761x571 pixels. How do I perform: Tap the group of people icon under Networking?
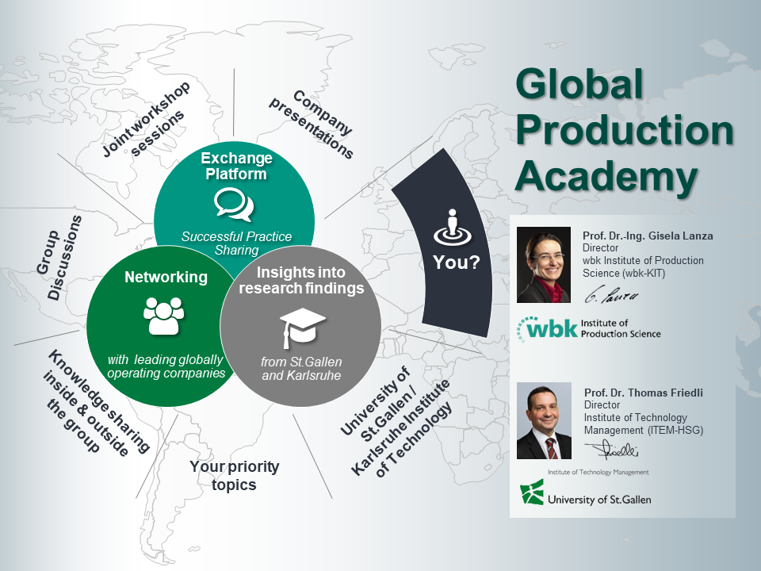click(x=163, y=316)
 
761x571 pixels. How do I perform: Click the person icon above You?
click(x=453, y=228)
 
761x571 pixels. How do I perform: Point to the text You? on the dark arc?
click(x=457, y=263)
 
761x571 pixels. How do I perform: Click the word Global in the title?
click(x=579, y=84)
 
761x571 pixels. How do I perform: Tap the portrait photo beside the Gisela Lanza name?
click(x=544, y=265)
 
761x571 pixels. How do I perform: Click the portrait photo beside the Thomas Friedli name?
click(x=544, y=420)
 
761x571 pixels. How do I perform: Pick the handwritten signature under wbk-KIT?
click(x=611, y=296)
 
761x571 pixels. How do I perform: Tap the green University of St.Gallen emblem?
click(x=531, y=492)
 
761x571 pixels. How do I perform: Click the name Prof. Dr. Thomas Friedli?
click(x=644, y=393)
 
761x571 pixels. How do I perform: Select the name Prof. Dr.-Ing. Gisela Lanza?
click(x=648, y=236)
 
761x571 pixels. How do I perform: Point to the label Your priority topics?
click(x=234, y=475)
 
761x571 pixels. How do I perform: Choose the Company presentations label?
click(x=312, y=125)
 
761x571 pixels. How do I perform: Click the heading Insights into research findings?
click(x=301, y=280)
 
